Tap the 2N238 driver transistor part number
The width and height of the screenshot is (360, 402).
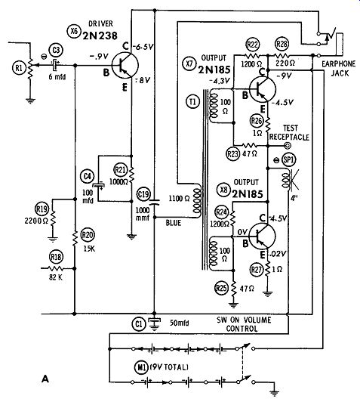(100, 36)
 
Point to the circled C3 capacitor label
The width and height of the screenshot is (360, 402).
(56, 50)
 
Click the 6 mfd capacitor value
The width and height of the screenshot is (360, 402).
(57, 76)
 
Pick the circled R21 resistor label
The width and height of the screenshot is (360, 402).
(121, 170)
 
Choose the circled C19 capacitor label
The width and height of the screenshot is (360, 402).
(143, 194)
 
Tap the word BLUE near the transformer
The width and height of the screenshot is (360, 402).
(174, 223)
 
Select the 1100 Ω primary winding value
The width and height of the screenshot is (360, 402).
(179, 199)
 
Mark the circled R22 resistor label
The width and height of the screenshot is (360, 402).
(253, 45)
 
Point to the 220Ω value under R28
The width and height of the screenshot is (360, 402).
(285, 63)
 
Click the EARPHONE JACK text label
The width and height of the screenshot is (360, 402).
(339, 69)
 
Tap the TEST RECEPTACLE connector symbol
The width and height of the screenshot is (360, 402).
(288, 146)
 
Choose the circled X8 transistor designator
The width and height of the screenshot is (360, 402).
(224, 190)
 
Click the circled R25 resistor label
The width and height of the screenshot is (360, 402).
(221, 288)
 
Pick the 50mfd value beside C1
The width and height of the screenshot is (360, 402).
(180, 323)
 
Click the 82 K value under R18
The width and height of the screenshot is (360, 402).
(56, 277)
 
